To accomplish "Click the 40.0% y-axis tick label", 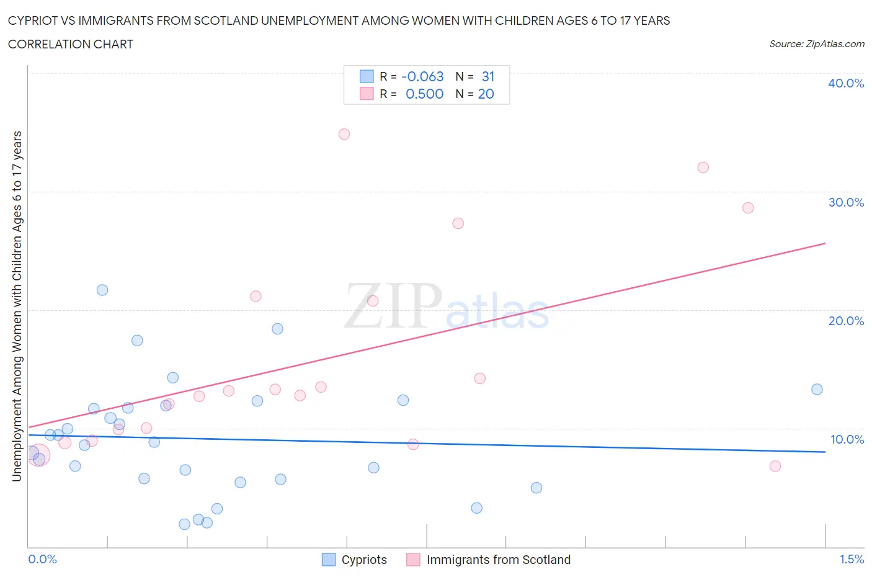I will [845, 83].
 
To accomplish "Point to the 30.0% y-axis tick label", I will [845, 202].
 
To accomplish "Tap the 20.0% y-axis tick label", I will [845, 321].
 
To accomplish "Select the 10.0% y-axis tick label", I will [847, 439].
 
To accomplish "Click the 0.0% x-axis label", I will [42, 559].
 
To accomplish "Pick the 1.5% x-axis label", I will [851, 559].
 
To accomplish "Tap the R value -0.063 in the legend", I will [422, 76].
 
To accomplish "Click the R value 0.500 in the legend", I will [424, 94].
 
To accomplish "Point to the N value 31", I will [488, 76].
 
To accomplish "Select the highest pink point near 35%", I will [344, 134].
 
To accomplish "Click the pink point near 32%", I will [703, 168].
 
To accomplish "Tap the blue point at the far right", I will [817, 390].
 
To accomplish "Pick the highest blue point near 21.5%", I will [102, 290].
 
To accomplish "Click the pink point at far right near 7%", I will [775, 466].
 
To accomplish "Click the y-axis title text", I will [17, 306].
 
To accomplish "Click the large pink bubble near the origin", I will [38, 455].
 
